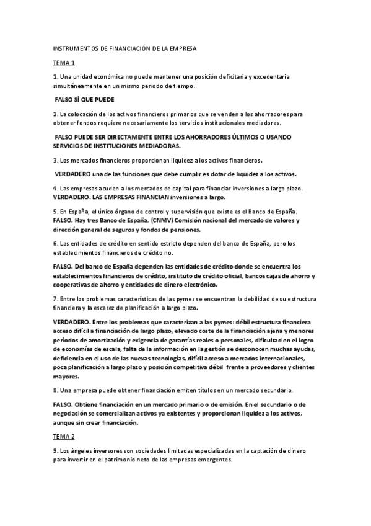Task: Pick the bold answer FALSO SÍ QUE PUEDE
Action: [85, 100]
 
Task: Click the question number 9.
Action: [55, 450]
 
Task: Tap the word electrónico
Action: [197, 285]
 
